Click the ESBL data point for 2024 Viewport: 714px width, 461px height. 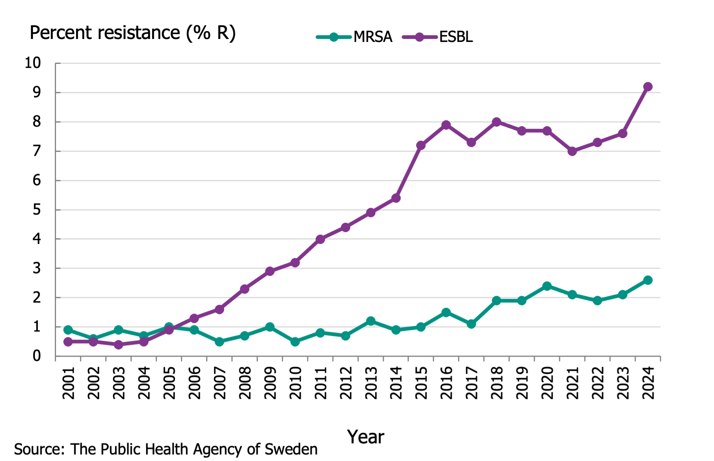[648, 87]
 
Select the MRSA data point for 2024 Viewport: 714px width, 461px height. [648, 280]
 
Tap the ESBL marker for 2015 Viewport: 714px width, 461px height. [421, 146]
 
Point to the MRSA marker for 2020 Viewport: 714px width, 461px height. [547, 286]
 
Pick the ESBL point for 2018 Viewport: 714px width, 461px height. [496, 122]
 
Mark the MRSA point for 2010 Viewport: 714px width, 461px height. [295, 342]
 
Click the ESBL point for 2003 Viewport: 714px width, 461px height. [118, 345]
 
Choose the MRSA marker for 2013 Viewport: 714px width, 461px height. [371, 321]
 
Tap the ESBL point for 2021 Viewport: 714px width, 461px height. [572, 151]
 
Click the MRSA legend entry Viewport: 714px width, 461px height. [354, 37]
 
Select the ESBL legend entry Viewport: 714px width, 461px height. [438, 37]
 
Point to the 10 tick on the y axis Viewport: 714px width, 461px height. [33, 63]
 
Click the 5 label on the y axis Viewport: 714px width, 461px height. [37, 210]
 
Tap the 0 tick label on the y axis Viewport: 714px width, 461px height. [37, 356]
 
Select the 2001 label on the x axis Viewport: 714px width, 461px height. [68, 383]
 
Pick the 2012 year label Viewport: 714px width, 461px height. [345, 383]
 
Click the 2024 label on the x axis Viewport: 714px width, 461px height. [648, 383]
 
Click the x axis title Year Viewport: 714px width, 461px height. [366, 437]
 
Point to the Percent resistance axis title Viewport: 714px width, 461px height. [132, 33]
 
